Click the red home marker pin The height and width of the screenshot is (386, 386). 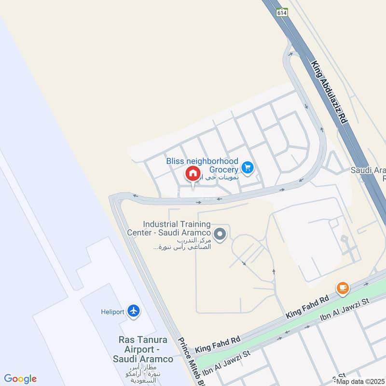(x=193, y=174)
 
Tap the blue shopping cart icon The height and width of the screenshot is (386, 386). (x=248, y=167)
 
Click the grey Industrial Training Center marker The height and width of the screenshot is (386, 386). (x=220, y=235)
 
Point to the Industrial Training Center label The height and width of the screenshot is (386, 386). (x=177, y=228)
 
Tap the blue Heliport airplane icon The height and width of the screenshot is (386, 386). (x=134, y=311)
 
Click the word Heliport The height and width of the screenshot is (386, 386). (x=112, y=312)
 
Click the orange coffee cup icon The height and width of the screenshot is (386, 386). (x=343, y=288)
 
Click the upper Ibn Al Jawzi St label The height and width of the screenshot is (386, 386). (x=345, y=310)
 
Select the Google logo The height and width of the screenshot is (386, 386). (x=20, y=379)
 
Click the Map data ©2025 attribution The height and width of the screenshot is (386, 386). (x=361, y=381)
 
